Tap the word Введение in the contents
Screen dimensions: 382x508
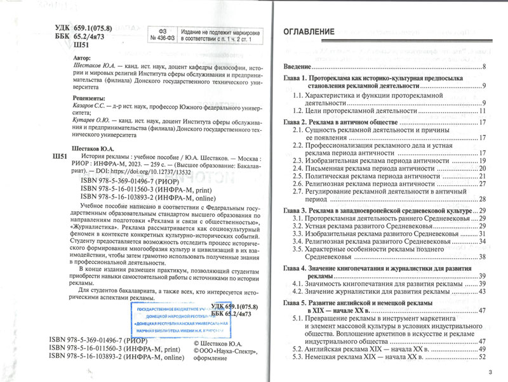(297, 67)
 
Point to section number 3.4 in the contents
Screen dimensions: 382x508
(298, 242)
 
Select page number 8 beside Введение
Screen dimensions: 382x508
(484, 67)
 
